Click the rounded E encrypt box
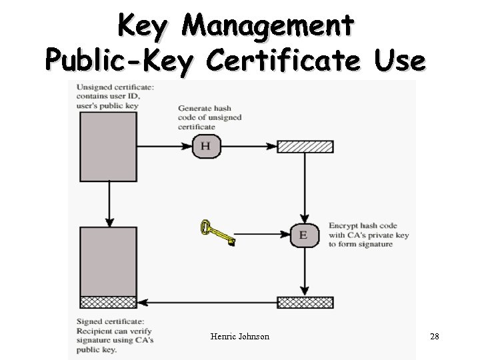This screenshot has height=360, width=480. [304, 235]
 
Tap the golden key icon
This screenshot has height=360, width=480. [217, 233]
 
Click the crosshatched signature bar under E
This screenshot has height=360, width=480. [304, 303]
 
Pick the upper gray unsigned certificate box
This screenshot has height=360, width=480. [107, 147]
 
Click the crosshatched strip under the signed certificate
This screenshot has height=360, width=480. [107, 302]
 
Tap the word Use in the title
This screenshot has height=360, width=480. [399, 61]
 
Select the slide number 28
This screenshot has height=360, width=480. [435, 337]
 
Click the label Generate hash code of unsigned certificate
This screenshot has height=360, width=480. [209, 117]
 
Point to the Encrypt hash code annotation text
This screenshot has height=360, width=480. [368, 235]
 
